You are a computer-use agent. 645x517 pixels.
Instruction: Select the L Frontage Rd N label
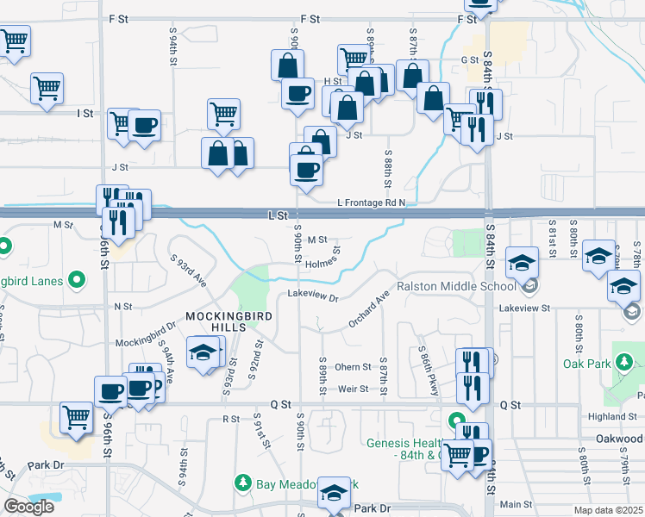pos(371,201)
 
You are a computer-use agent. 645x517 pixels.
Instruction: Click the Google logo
pos(28,507)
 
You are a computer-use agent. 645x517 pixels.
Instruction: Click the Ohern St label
pos(353,367)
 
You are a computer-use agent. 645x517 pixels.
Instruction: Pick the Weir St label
pos(353,389)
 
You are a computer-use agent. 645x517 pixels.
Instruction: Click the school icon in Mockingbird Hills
pos(204,352)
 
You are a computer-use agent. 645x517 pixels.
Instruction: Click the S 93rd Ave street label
pos(189,271)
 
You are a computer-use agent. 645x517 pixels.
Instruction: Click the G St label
pos(469,60)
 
